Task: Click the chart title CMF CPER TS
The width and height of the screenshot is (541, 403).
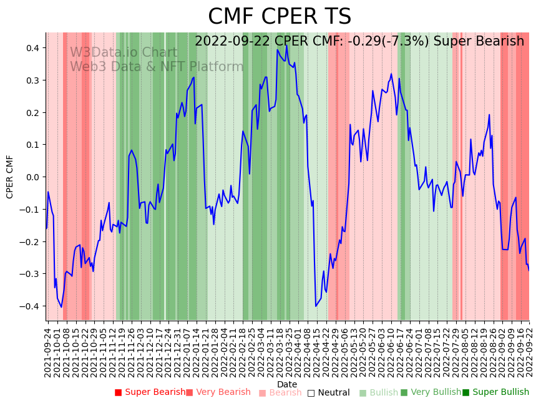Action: pos(280,17)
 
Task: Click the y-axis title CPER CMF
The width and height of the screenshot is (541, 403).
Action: pos(10,177)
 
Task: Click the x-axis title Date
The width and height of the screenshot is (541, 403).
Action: pos(287,384)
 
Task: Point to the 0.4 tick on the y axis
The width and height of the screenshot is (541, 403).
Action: pos(32,48)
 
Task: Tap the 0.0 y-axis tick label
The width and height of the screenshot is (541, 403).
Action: pos(32,177)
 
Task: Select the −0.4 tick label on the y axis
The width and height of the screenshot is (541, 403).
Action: pos(31,306)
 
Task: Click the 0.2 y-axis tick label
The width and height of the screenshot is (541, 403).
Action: pos(32,112)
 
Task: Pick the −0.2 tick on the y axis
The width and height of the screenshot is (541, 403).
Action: pos(31,241)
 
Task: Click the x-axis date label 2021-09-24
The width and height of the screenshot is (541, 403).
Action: pos(48,350)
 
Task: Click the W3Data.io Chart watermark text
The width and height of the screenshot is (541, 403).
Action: pos(124,53)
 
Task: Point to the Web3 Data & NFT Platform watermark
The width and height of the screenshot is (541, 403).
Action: pos(157,67)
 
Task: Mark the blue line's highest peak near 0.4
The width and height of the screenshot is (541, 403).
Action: pos(286,46)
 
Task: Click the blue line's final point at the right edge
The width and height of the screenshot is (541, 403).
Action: pos(529,270)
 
